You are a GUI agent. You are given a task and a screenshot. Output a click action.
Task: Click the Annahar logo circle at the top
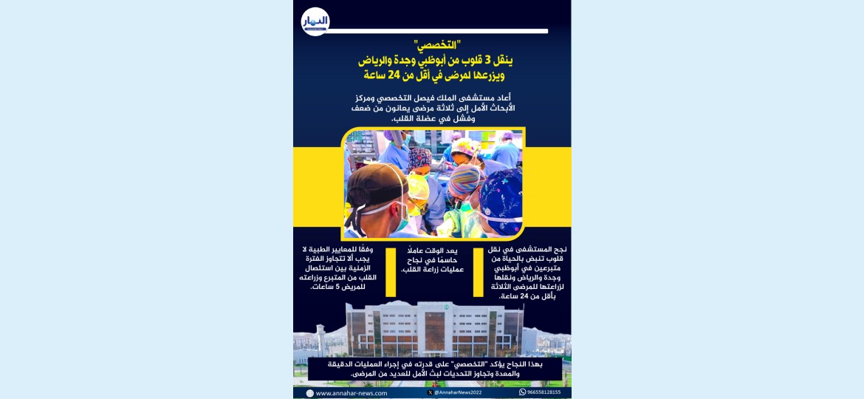pyautogui.click(x=315, y=21)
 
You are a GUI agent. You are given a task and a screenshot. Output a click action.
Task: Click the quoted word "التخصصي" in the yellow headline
pyautogui.click(x=433, y=47)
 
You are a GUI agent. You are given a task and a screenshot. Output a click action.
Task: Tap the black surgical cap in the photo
pyautogui.click(x=374, y=185)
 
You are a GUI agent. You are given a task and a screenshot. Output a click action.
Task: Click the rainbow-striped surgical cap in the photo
pyautogui.click(x=466, y=179)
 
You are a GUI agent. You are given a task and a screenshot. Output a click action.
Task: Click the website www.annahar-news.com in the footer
pyautogui.click(x=352, y=393)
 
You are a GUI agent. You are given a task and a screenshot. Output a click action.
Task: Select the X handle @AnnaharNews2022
pyautogui.click(x=458, y=392)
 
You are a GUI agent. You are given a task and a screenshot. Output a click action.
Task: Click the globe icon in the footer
pyautogui.click(x=310, y=393)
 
